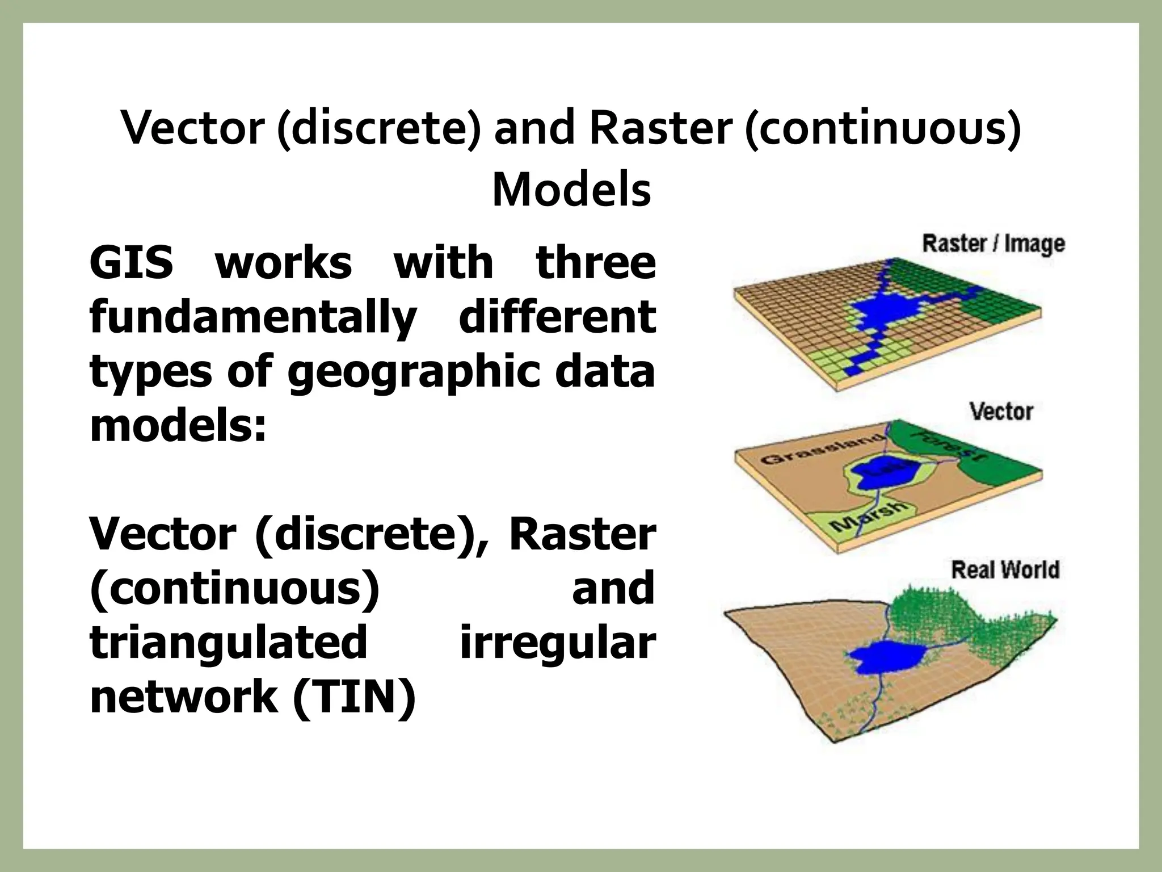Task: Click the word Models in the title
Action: coord(571,190)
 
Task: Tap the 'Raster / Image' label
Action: coord(993,244)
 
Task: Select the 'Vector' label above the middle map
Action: coord(1001,411)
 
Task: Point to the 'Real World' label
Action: coord(1005,569)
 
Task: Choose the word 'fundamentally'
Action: coord(253,318)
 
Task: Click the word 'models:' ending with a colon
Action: coord(178,425)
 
